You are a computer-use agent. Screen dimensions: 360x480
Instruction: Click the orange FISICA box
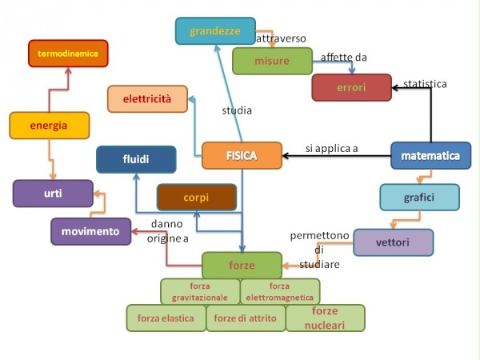click(242, 155)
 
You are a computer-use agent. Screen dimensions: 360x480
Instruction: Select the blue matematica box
click(430, 155)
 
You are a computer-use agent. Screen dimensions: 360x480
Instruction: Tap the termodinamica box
click(68, 54)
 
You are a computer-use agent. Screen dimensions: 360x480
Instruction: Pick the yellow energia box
click(49, 126)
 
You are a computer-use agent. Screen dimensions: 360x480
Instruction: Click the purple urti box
click(53, 193)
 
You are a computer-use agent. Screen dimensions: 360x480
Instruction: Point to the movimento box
click(91, 231)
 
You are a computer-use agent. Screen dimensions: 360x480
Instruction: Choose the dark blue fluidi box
click(136, 159)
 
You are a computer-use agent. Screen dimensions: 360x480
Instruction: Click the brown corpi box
click(196, 197)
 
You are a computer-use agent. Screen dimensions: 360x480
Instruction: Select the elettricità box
click(147, 99)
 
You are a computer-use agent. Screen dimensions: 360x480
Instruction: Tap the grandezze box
click(215, 31)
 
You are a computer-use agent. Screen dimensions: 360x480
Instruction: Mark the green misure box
click(272, 61)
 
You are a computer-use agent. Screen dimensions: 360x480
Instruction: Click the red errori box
click(351, 87)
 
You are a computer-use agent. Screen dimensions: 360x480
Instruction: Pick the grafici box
click(419, 197)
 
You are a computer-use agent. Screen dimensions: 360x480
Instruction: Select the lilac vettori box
click(393, 242)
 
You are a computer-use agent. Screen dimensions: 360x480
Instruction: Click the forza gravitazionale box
click(198, 291)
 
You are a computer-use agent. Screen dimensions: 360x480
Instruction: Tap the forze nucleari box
click(325, 318)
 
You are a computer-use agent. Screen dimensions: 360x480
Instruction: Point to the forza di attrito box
click(246, 318)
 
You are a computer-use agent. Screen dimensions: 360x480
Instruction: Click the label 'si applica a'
click(332, 148)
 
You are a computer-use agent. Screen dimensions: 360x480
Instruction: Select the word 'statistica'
click(425, 83)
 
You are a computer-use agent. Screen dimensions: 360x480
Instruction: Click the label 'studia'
click(237, 110)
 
